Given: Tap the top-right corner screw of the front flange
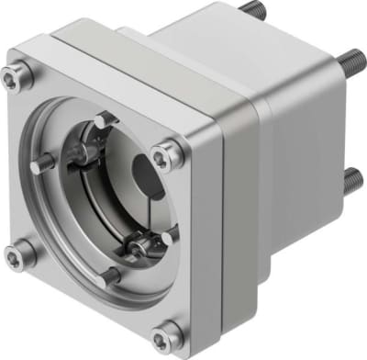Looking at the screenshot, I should pyautogui.click(x=165, y=157).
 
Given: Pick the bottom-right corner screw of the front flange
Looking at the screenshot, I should pyautogui.click(x=165, y=332).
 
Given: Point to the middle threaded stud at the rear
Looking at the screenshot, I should pyautogui.click(x=351, y=62).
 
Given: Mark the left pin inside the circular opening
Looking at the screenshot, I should pyautogui.click(x=46, y=165).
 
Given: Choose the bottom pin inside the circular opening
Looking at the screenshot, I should pyautogui.click(x=109, y=275).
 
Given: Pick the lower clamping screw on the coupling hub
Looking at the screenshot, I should pyautogui.click(x=138, y=245).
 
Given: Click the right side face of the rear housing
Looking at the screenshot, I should pyautogui.click(x=303, y=156).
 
